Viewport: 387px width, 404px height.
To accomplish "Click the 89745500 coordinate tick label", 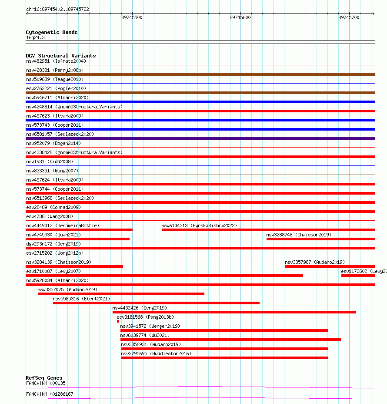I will [132, 17].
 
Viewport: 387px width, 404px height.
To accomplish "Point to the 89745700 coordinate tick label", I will [349, 17].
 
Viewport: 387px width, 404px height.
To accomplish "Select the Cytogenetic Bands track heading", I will [51, 32].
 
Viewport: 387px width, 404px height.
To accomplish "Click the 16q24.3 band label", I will [35, 37].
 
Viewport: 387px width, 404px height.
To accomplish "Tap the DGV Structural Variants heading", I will [60, 56].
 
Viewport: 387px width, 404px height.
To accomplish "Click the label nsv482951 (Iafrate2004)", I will [56, 61].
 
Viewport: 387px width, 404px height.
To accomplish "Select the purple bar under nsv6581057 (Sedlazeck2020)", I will [200, 138].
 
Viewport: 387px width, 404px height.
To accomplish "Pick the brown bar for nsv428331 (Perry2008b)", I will [200, 74].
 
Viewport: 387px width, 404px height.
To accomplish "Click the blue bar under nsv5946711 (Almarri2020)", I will [200, 102].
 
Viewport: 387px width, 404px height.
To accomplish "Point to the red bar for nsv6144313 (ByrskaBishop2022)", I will [268, 230].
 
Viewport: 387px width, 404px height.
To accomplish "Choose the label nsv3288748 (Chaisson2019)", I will [299, 235].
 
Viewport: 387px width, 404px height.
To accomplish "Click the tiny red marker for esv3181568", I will [118, 321].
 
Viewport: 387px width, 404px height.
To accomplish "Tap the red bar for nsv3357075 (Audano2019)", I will [121, 294].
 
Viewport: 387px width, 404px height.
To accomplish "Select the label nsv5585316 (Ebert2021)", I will [81, 299].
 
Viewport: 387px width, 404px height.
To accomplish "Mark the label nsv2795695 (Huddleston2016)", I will [156, 353].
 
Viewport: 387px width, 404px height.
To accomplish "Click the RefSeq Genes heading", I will [44, 378].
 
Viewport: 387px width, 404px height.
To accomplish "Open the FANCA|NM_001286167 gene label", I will [50, 394].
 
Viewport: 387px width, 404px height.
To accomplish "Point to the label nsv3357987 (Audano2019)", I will [314, 262].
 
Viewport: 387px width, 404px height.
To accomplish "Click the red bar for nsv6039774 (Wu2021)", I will [230, 340].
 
